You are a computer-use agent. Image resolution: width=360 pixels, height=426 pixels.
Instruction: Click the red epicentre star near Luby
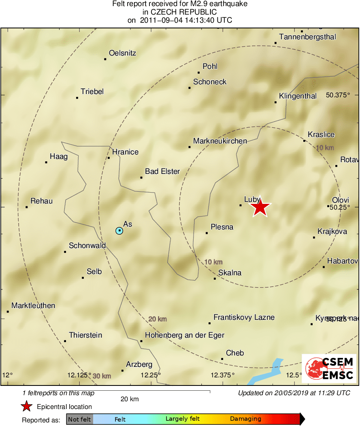(260, 208)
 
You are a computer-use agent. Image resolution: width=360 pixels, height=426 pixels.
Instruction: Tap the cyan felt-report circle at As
(119, 231)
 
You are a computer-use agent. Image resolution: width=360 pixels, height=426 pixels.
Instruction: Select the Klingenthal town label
(298, 96)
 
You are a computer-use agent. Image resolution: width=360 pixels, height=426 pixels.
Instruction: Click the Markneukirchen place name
(220, 141)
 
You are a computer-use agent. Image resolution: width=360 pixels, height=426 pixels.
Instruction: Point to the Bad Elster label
(162, 172)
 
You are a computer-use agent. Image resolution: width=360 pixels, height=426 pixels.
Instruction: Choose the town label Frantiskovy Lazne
(244, 317)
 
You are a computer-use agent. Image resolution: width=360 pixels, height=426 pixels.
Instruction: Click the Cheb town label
(235, 353)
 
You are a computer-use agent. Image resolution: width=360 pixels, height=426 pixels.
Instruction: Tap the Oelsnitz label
(122, 53)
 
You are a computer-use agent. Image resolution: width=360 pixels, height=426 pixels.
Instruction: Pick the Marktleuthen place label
(33, 306)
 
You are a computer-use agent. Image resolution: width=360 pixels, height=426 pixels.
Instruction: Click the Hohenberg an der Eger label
(185, 335)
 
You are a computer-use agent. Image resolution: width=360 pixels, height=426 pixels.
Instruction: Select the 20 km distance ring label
(158, 319)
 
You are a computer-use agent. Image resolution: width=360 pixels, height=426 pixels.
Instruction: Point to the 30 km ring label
(102, 376)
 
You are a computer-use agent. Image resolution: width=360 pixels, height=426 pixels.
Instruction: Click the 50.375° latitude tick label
(338, 96)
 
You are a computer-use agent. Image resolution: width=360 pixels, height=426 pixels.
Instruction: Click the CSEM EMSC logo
(329, 368)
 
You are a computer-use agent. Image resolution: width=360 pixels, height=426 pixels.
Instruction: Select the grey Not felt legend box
(79, 419)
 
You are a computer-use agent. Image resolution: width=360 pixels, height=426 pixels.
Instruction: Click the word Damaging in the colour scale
(245, 419)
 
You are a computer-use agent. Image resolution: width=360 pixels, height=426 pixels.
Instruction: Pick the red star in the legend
(27, 407)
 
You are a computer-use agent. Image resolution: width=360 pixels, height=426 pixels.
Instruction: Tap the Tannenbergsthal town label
(307, 37)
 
